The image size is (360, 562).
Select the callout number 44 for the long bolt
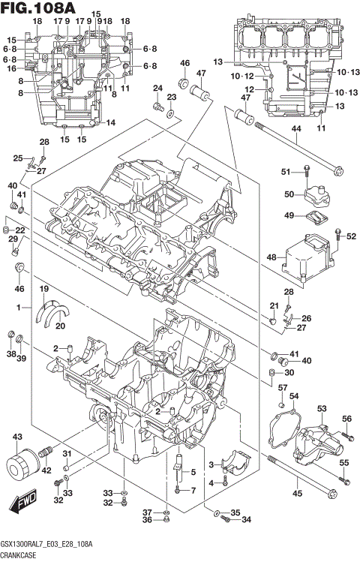[x=296, y=130]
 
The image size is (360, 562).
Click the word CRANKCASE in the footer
[x=22, y=555]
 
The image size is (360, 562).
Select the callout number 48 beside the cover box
[x=271, y=257]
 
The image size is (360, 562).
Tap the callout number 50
[x=289, y=194]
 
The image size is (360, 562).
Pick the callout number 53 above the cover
[x=322, y=408]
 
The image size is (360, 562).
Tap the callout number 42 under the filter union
[x=46, y=470]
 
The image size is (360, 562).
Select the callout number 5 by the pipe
[x=192, y=472]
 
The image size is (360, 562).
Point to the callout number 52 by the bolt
[x=350, y=236]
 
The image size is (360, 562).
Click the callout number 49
[x=289, y=215]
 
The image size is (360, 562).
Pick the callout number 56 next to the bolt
[x=346, y=419]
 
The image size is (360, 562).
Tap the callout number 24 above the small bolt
[x=157, y=89]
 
